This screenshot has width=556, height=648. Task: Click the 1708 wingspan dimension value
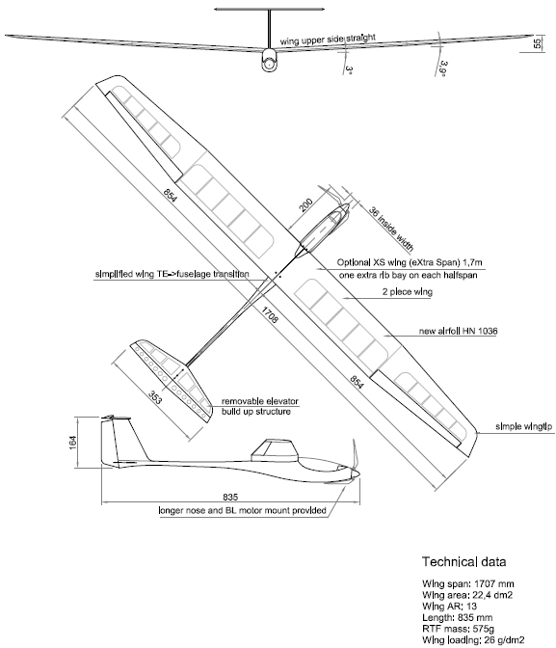[269, 314]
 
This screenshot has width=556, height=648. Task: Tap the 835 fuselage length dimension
[230, 497]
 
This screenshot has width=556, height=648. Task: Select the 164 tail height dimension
[72, 443]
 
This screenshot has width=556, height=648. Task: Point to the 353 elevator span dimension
[155, 397]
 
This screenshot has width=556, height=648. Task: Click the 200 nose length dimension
[305, 205]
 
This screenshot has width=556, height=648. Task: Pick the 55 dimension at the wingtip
[537, 43]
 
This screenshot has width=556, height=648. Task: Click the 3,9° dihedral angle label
[444, 69]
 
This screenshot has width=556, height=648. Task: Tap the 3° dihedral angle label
[349, 69]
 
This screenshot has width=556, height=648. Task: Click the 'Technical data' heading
[463, 561]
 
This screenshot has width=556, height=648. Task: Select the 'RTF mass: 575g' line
[458, 629]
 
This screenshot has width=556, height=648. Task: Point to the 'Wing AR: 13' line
[449, 607]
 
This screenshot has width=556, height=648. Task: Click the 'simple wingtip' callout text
[523, 426]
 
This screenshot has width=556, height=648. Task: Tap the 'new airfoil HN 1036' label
[458, 331]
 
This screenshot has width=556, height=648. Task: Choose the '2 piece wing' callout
[407, 292]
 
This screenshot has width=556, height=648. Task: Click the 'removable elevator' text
[260, 401]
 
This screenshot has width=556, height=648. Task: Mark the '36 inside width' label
[391, 229]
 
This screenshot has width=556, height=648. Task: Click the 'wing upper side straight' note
[328, 40]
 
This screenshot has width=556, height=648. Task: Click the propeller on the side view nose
[355, 461]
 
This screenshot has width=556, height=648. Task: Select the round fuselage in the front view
[269, 60]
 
